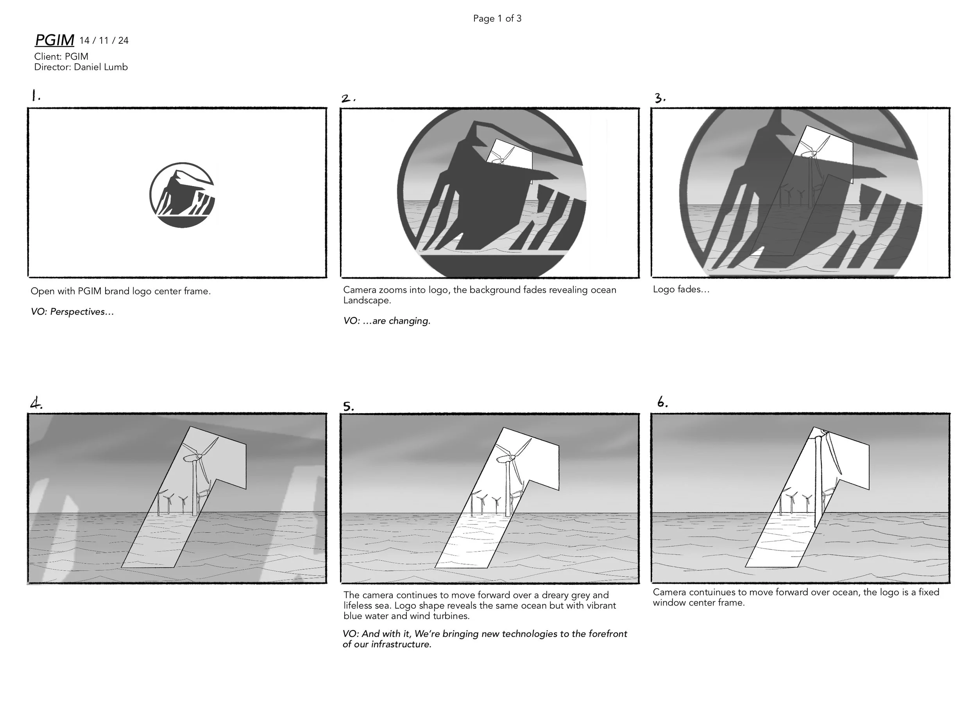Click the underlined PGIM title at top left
[54, 40]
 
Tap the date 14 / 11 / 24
[104, 41]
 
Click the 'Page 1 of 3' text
[497, 18]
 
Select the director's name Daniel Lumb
[100, 67]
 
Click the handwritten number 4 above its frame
[36, 403]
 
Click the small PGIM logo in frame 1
[182, 195]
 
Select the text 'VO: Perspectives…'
[72, 312]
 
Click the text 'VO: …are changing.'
[387, 321]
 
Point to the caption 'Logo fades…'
[681, 289]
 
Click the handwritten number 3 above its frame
[660, 99]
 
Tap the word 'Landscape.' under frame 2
[367, 301]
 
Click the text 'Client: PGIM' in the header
[61, 56]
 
